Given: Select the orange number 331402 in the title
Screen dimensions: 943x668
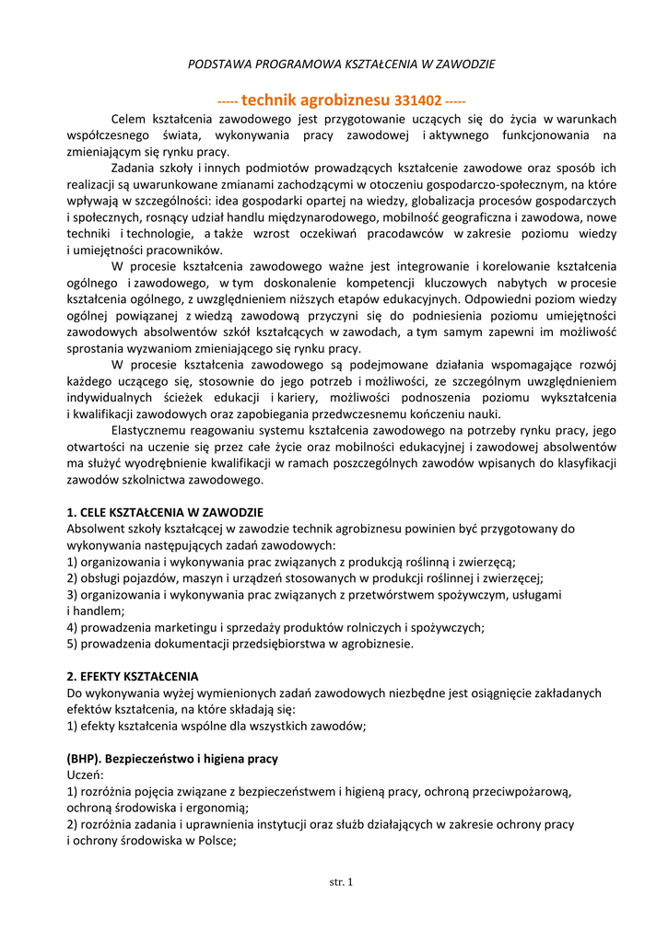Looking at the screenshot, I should tap(418, 99).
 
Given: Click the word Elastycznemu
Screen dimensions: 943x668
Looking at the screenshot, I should tap(153, 430).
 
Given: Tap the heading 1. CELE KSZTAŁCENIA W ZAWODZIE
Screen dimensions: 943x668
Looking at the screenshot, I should tap(165, 512).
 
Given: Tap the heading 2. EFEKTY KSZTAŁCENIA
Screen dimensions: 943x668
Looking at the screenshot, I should tap(133, 677).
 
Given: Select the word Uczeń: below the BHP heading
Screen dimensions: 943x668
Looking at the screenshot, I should tap(86, 775).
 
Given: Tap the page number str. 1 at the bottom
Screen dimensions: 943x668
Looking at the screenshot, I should tap(341, 882).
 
